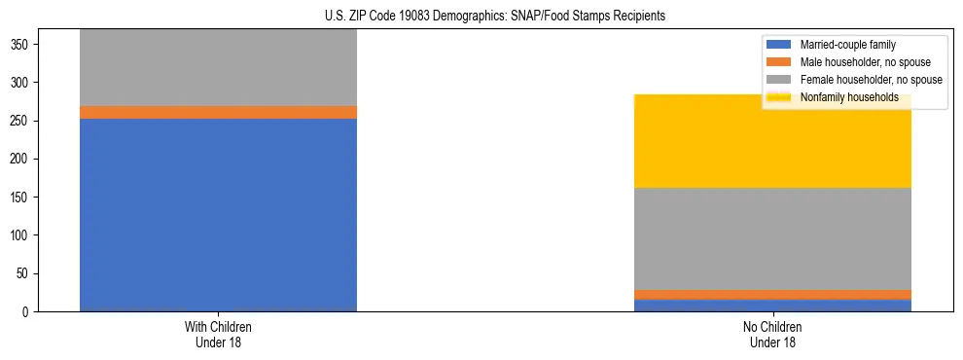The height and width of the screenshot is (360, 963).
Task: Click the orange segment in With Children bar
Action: pyautogui.click(x=218, y=112)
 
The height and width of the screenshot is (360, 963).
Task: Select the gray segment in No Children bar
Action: pyautogui.click(x=773, y=238)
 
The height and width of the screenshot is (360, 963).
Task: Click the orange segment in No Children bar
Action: pyautogui.click(x=773, y=294)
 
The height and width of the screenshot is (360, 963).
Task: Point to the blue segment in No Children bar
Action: pyautogui.click(x=773, y=306)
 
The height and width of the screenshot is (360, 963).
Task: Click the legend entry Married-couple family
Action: pyautogui.click(x=847, y=45)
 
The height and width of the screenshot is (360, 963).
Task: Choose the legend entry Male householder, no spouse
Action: pyautogui.click(x=865, y=62)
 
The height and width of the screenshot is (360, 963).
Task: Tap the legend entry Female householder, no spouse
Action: pyautogui.click(x=870, y=80)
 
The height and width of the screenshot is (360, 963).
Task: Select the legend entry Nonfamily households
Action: pyautogui.click(x=849, y=97)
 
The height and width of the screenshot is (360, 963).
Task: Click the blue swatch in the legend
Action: pyautogui.click(x=779, y=45)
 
